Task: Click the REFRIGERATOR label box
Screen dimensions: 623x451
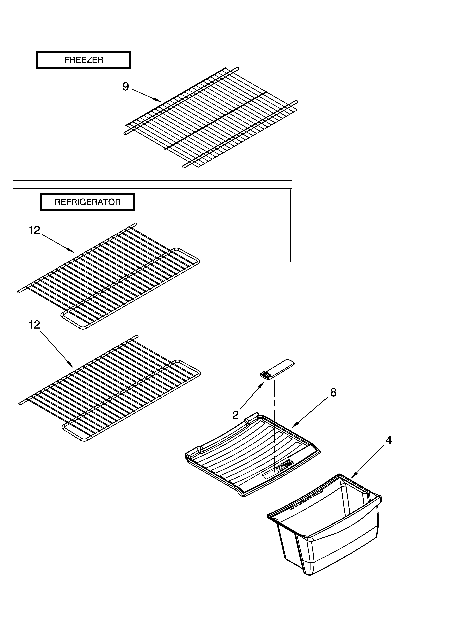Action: (87, 202)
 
